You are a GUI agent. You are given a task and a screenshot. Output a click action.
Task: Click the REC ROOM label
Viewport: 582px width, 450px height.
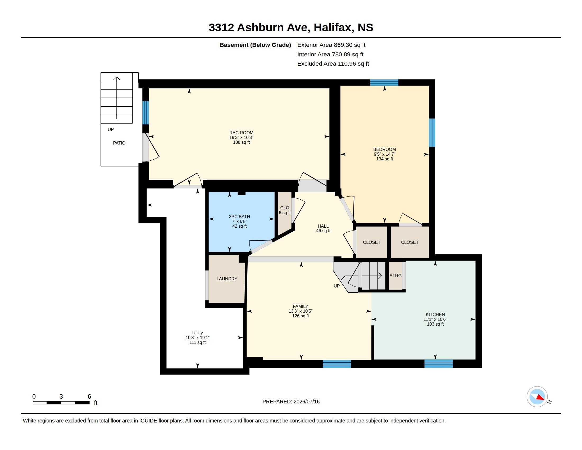tap(241, 133)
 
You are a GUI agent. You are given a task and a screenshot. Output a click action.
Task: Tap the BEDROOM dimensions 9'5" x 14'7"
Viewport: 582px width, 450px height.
tap(384, 154)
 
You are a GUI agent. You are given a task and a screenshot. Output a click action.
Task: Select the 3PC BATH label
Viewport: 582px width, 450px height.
tap(239, 217)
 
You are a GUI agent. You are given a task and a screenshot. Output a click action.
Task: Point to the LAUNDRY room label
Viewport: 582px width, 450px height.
tap(227, 279)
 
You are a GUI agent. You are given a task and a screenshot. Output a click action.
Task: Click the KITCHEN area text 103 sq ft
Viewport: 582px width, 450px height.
tap(435, 324)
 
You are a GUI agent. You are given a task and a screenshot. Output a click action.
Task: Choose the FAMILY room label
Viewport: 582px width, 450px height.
tap(300, 307)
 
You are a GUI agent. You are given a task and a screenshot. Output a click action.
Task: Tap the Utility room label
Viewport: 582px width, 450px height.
tap(197, 333)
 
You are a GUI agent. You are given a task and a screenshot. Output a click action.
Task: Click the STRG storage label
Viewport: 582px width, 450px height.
tap(395, 276)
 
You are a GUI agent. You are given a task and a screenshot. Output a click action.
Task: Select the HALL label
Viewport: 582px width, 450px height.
tap(323, 226)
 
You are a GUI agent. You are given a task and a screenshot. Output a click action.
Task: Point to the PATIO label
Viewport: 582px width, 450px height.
tap(119, 143)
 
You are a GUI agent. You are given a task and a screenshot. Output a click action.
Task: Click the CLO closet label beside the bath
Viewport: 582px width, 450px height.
tap(285, 208)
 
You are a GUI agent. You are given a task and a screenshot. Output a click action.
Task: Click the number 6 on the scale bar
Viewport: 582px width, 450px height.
tap(89, 397)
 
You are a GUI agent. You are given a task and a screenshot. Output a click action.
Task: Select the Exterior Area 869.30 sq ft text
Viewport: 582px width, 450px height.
tap(331, 45)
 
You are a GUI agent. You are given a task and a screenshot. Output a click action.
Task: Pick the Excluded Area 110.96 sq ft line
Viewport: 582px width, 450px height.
tap(333, 64)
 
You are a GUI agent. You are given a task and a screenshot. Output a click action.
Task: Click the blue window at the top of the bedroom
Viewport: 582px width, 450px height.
tap(384, 83)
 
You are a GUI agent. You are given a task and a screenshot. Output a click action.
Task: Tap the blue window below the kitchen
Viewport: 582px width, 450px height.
tap(438, 364)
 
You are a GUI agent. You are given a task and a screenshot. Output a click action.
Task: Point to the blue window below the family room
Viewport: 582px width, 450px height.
tap(337, 364)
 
